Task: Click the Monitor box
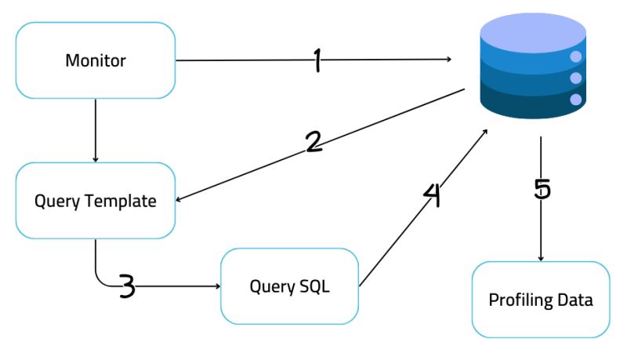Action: tap(95, 60)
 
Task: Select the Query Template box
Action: tap(95, 201)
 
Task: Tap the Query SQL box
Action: tap(290, 286)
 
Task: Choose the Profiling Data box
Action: tap(540, 300)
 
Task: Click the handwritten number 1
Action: tap(317, 60)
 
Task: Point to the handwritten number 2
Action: tap(313, 141)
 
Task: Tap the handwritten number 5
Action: tap(542, 189)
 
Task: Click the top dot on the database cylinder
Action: tap(576, 56)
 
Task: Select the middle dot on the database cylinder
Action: tap(576, 78)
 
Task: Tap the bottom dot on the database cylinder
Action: tap(576, 99)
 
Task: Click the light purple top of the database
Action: tap(532, 33)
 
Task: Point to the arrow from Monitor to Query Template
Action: tap(95, 130)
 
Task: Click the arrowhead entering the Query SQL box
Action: tap(217, 286)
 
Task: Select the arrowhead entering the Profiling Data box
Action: tap(541, 258)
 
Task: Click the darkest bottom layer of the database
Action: tap(525, 105)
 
